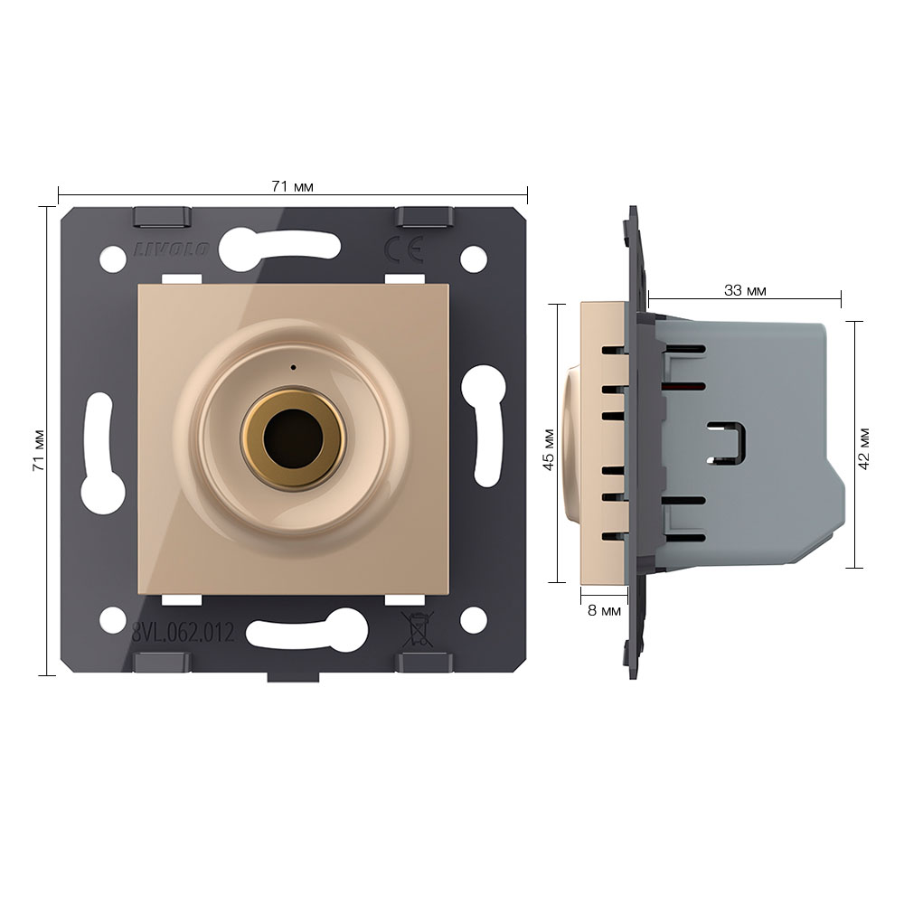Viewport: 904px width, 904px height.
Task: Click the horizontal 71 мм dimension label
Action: coord(292,187)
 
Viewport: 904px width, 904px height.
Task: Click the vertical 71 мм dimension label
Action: coord(39,449)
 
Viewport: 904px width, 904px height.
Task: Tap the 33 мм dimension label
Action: coord(745,290)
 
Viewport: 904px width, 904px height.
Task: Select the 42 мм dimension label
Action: coord(863,448)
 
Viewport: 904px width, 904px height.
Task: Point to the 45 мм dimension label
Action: coord(549,449)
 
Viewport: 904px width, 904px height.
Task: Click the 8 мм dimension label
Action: coord(604,610)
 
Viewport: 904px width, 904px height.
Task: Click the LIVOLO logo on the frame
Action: coord(172,250)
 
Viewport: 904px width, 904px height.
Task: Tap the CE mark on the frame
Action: coord(404,250)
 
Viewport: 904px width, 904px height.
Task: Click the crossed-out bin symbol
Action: coord(418,629)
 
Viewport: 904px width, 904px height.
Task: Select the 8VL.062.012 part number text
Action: coord(184,633)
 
